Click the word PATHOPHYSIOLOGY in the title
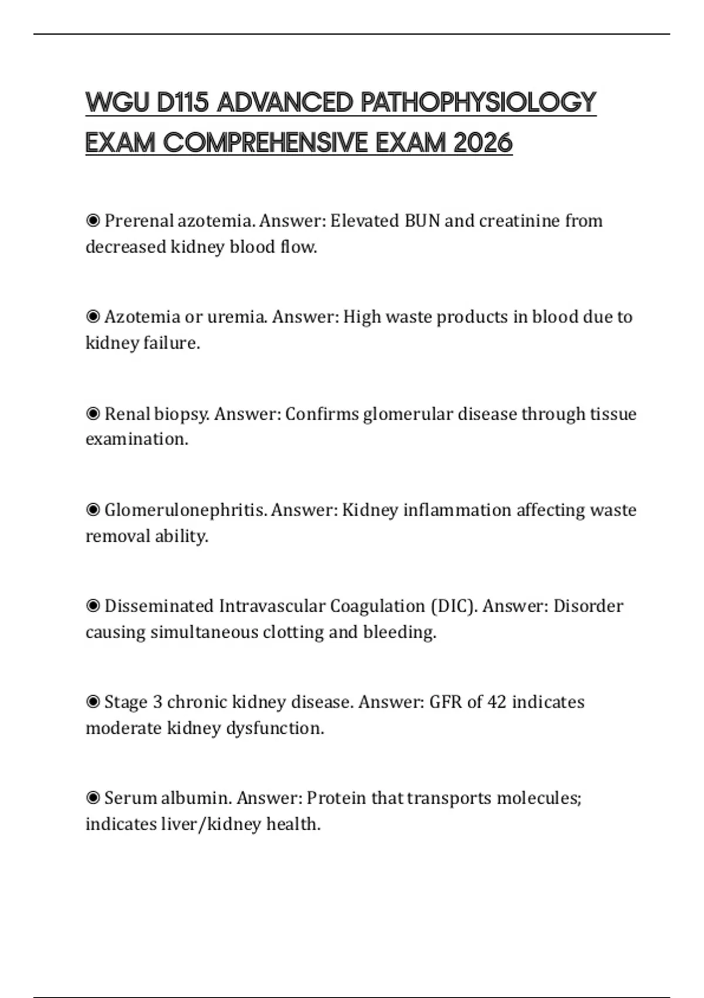[x=478, y=103]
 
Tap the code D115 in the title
[x=182, y=103]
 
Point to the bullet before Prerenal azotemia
[x=93, y=221]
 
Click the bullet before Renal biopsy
[x=93, y=414]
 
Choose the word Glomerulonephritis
[x=185, y=510]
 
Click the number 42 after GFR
[x=496, y=702]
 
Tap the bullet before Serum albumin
[x=93, y=798]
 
